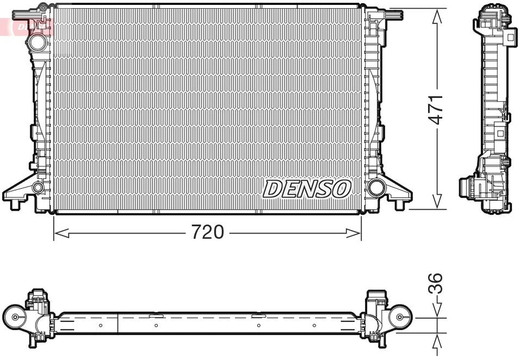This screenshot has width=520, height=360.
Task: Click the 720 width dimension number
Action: [207, 233]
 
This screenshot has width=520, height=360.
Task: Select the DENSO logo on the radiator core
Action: [307, 189]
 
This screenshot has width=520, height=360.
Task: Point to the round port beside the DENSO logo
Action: [376, 187]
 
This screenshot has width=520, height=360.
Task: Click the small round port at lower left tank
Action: [38, 188]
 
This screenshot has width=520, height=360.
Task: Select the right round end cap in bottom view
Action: [400, 317]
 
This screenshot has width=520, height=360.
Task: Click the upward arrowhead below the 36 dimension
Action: [437, 341]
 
